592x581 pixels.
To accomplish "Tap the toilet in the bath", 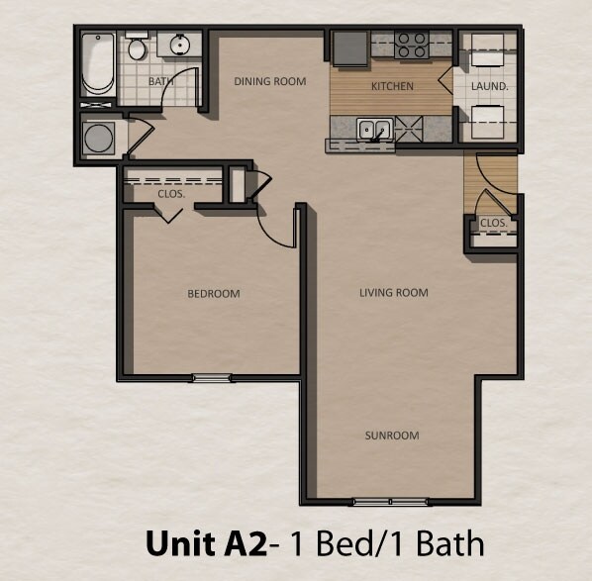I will click(x=137, y=48).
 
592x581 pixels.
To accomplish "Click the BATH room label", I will click(x=160, y=82).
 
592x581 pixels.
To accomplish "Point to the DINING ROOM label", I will click(x=269, y=81).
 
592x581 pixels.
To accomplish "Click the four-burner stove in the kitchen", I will click(x=411, y=45).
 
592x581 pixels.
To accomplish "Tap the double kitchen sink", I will click(x=373, y=128).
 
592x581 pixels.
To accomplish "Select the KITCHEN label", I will click(x=392, y=86).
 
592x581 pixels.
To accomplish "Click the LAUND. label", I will click(x=489, y=86).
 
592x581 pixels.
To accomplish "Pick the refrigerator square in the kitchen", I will click(x=348, y=48).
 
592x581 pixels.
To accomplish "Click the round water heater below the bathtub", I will click(x=100, y=138).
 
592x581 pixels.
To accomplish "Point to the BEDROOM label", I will click(x=214, y=294).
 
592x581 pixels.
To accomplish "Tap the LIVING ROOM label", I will click(x=393, y=293).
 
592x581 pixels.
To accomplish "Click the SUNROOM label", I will click(x=392, y=436).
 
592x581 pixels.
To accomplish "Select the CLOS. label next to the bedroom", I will click(x=171, y=194).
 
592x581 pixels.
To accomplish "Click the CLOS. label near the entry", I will click(x=493, y=224).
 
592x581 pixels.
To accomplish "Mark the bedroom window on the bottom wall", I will click(x=211, y=377).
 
